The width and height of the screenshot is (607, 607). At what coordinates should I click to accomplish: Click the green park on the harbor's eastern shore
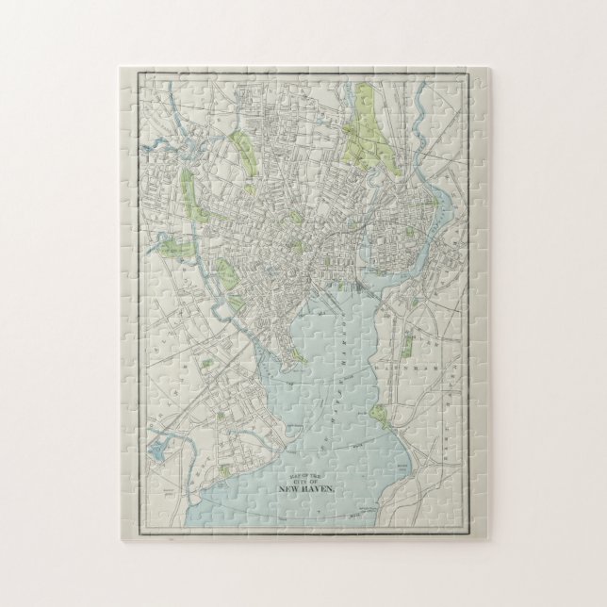(380, 415)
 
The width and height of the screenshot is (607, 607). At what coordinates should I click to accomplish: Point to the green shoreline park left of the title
(224, 470)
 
